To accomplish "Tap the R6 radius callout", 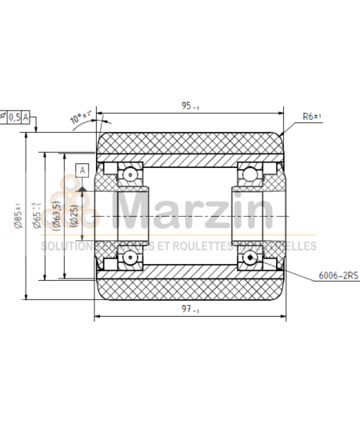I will pyautogui.click(x=312, y=117).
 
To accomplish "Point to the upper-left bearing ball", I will pyautogui.click(x=129, y=174).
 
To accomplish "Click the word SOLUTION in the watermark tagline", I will pyautogui.click(x=66, y=246).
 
